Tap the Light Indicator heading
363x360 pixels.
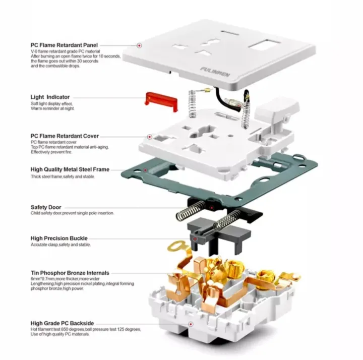click(x=50, y=96)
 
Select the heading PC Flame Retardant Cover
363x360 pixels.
click(x=65, y=136)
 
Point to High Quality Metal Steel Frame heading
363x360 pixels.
click(x=70, y=170)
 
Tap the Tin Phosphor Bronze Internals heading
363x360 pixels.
click(x=70, y=273)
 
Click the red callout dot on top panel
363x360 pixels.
click(x=139, y=45)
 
